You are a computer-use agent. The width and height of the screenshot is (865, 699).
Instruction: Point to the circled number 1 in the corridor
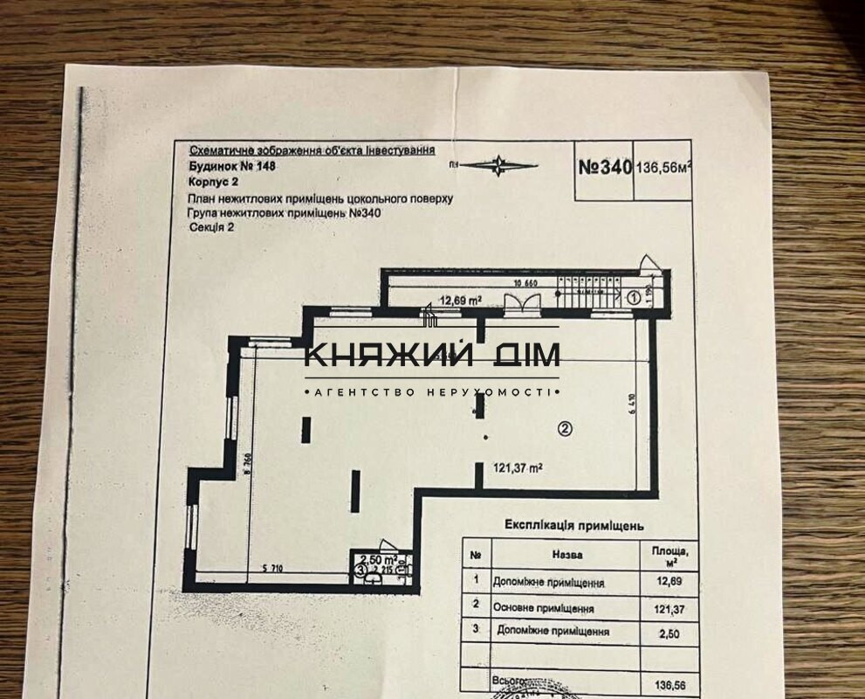(634, 297)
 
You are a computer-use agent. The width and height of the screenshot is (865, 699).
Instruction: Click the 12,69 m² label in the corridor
(462, 301)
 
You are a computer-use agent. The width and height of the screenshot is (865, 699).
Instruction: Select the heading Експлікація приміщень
(573, 526)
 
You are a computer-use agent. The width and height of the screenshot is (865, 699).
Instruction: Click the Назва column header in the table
(567, 555)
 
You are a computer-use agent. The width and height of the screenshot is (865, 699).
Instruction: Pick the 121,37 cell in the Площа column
(664, 608)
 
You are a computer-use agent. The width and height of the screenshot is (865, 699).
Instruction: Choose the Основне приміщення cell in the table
(555, 608)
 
